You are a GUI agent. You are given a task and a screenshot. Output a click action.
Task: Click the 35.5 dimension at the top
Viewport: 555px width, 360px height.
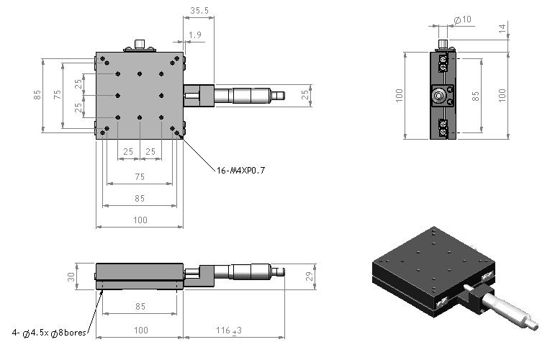click(199, 11)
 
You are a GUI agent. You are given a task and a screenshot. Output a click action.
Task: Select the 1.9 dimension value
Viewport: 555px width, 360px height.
click(195, 35)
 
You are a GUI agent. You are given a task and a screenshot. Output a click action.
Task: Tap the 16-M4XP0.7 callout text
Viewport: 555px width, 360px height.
click(240, 171)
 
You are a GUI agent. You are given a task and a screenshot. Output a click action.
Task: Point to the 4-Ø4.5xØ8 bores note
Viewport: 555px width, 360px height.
click(49, 333)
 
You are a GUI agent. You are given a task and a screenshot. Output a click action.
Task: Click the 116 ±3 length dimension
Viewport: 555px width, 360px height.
click(229, 330)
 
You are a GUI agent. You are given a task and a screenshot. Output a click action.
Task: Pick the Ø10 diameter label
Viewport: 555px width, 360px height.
click(463, 20)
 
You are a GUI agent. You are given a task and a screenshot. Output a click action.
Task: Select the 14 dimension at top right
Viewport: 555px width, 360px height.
click(502, 29)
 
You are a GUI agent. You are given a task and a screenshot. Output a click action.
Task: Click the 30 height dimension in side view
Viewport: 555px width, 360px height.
click(71, 276)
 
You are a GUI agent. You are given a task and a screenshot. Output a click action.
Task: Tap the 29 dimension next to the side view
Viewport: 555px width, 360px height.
click(310, 276)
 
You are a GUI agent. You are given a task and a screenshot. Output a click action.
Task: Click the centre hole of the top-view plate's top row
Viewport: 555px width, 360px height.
click(140, 74)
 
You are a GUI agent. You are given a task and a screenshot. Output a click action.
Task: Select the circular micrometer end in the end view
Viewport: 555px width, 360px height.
click(439, 96)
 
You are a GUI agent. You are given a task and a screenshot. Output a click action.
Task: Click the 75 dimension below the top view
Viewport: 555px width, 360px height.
click(140, 176)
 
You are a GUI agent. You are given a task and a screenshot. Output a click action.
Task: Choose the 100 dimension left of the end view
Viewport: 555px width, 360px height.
click(400, 96)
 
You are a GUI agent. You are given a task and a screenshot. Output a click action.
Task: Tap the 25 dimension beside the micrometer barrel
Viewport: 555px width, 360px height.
click(306, 94)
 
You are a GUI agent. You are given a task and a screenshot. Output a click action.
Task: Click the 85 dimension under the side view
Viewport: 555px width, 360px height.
click(140, 307)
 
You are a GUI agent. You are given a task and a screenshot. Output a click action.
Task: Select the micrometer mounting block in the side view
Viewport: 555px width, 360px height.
click(199, 276)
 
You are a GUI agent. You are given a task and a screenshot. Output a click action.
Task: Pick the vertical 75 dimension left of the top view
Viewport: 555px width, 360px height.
click(58, 94)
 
